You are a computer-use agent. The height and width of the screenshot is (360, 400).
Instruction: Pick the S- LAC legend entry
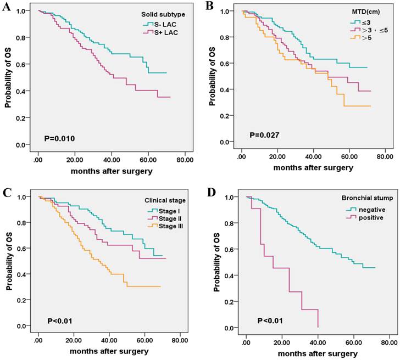[163, 25]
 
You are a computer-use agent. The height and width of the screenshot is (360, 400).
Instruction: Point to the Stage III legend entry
[159, 227]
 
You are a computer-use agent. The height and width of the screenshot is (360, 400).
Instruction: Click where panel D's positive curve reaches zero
[318, 328]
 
